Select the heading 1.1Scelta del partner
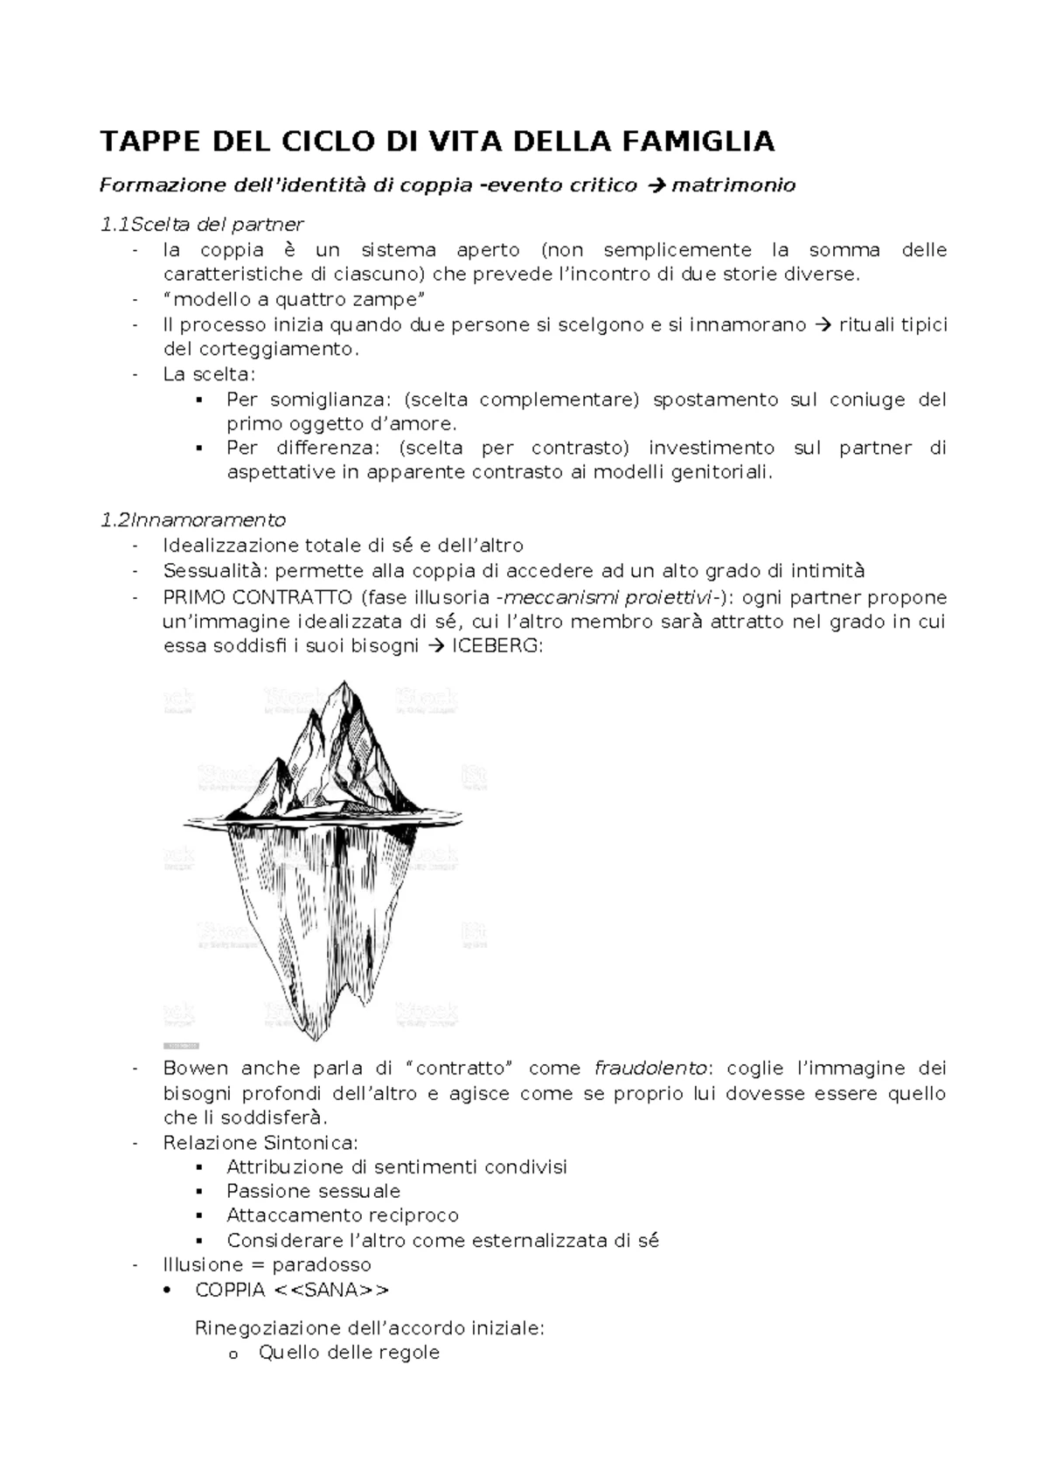[x=202, y=225]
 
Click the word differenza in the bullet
[x=331, y=448]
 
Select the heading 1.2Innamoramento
[x=193, y=520]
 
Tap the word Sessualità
[x=213, y=571]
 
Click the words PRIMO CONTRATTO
[x=256, y=597]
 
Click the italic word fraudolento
[x=650, y=1068]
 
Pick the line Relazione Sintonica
[x=260, y=1143]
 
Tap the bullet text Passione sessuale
[x=313, y=1191]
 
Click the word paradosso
[x=322, y=1264]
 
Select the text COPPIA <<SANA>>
[x=292, y=1290]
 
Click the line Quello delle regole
[x=348, y=1353]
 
